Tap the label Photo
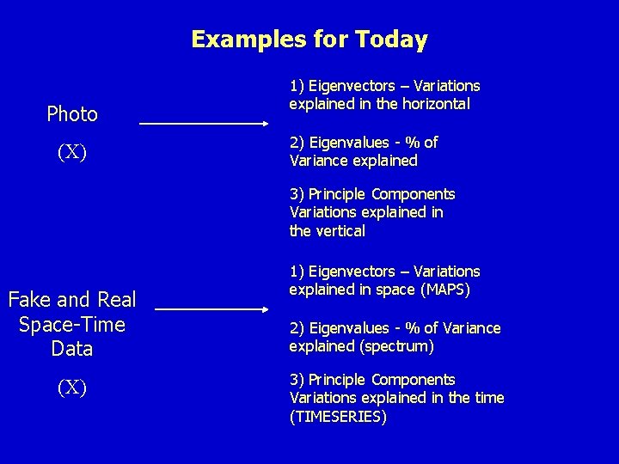pyautogui.click(x=72, y=113)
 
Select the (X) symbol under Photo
pyautogui.click(x=72, y=153)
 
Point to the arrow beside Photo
pyautogui.click(x=204, y=124)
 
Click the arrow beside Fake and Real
pyautogui.click(x=212, y=308)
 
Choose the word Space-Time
pyautogui.click(x=72, y=325)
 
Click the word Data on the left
pyautogui.click(x=72, y=349)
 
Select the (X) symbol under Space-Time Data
pyautogui.click(x=72, y=388)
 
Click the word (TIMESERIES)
pyautogui.click(x=338, y=417)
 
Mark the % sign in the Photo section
pyautogui.click(x=414, y=142)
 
